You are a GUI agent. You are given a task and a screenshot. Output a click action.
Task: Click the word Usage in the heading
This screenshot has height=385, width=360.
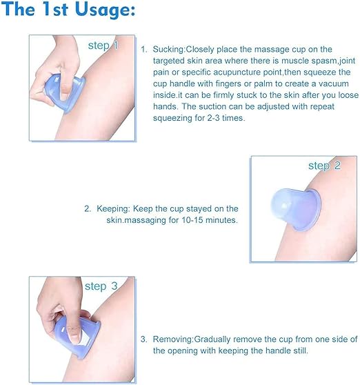coord(105,10)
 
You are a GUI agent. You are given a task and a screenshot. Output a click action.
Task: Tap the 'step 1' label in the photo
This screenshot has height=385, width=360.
coord(103,46)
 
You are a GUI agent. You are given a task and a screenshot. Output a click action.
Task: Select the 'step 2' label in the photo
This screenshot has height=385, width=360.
coord(324,166)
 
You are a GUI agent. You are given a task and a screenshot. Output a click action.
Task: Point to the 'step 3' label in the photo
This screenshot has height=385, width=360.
coord(101,286)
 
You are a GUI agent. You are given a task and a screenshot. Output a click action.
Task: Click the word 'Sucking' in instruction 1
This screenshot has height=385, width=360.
coord(168,50)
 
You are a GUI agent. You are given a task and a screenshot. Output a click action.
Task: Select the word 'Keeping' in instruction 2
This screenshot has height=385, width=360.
coord(112,209)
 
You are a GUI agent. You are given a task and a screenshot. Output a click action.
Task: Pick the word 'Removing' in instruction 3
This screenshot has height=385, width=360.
coord(173,339)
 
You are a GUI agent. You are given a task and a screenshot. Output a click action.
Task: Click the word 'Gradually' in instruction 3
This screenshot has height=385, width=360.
coord(212,339)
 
